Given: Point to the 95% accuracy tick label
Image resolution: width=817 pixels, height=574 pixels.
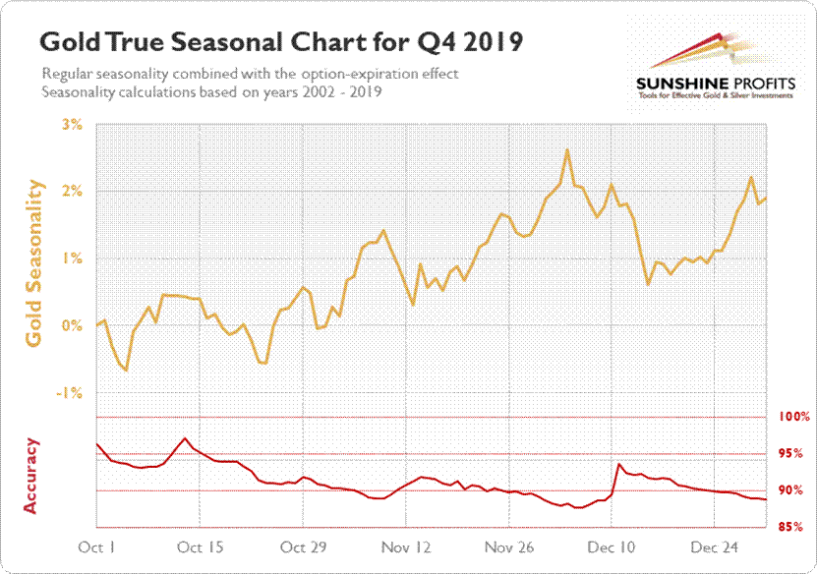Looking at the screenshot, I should (794, 454).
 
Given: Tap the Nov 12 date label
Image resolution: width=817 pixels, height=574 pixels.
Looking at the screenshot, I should (406, 546).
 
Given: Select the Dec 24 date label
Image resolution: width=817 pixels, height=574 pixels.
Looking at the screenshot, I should (715, 546).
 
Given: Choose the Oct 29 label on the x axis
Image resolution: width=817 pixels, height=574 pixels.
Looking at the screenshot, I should (303, 546).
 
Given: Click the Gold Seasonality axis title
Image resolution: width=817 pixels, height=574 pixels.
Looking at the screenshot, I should (35, 262).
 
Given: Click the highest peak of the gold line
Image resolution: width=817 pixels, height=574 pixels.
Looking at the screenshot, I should (567, 149).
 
